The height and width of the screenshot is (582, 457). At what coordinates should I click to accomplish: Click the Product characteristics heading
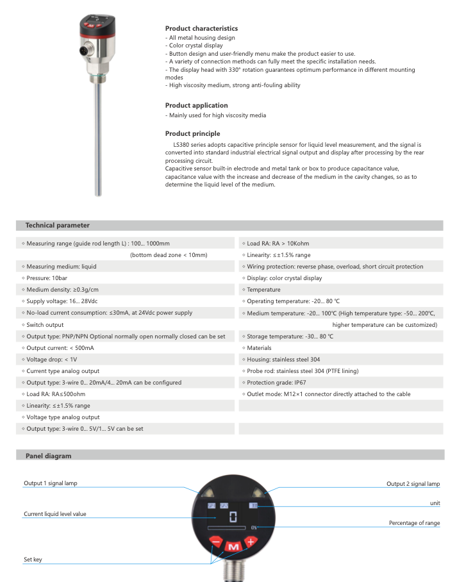[x=201, y=28]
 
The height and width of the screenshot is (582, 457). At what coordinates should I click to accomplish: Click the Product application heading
[x=196, y=105]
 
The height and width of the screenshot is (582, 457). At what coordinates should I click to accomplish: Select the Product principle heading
[x=192, y=133]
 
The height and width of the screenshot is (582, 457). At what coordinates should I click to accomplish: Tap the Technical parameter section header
[x=57, y=226]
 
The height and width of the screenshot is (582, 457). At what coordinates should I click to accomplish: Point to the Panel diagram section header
[x=48, y=456]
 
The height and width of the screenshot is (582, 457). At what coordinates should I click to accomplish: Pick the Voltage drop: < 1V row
[x=52, y=360]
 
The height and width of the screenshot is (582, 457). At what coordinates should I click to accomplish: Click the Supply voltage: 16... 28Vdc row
[x=62, y=301]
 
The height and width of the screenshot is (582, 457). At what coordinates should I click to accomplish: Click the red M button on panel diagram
[x=233, y=547]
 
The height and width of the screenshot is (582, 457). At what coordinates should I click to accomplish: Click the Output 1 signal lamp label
[x=51, y=483]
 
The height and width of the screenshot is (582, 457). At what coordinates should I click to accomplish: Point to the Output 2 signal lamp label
[x=413, y=484]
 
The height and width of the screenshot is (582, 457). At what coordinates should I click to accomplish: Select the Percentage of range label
[x=414, y=523]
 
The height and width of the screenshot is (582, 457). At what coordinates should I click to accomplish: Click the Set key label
[x=33, y=560]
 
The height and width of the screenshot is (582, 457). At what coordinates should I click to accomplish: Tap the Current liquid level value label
[x=55, y=514]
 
